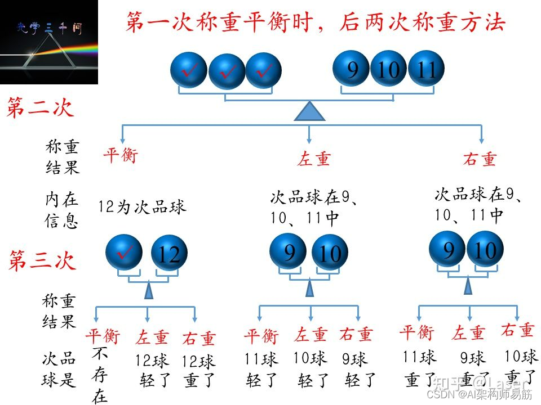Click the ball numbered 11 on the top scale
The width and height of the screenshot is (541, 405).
point(427,70)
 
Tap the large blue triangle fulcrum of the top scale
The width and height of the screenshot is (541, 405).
point(309,111)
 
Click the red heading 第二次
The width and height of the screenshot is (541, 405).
point(40,107)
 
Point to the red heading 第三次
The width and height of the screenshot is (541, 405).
point(41,260)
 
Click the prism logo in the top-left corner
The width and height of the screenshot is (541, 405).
point(49,42)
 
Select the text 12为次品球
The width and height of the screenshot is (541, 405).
point(142,207)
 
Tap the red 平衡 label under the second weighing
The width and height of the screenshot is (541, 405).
point(120,155)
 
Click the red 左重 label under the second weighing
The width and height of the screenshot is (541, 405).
point(313,159)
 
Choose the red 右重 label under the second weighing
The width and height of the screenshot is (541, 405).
point(480,159)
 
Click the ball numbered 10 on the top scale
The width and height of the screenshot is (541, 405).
point(388,70)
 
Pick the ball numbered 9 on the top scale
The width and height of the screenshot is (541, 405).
point(352,70)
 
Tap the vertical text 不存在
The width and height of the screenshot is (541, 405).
point(100,375)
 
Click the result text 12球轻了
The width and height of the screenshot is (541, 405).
point(153,370)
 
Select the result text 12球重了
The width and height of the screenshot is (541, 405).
point(199,371)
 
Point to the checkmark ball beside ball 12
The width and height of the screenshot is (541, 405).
point(125,253)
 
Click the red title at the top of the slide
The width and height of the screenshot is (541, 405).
point(315,22)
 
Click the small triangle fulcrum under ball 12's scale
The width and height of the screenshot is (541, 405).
point(149,291)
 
